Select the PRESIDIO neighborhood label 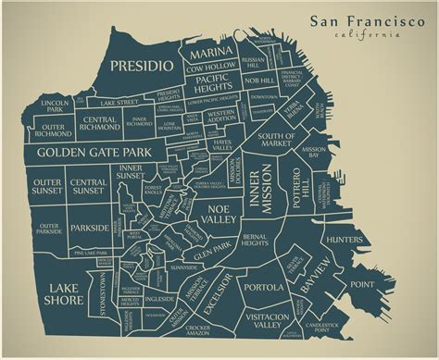(141, 66)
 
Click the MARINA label (210, 52)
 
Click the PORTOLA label (263, 288)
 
